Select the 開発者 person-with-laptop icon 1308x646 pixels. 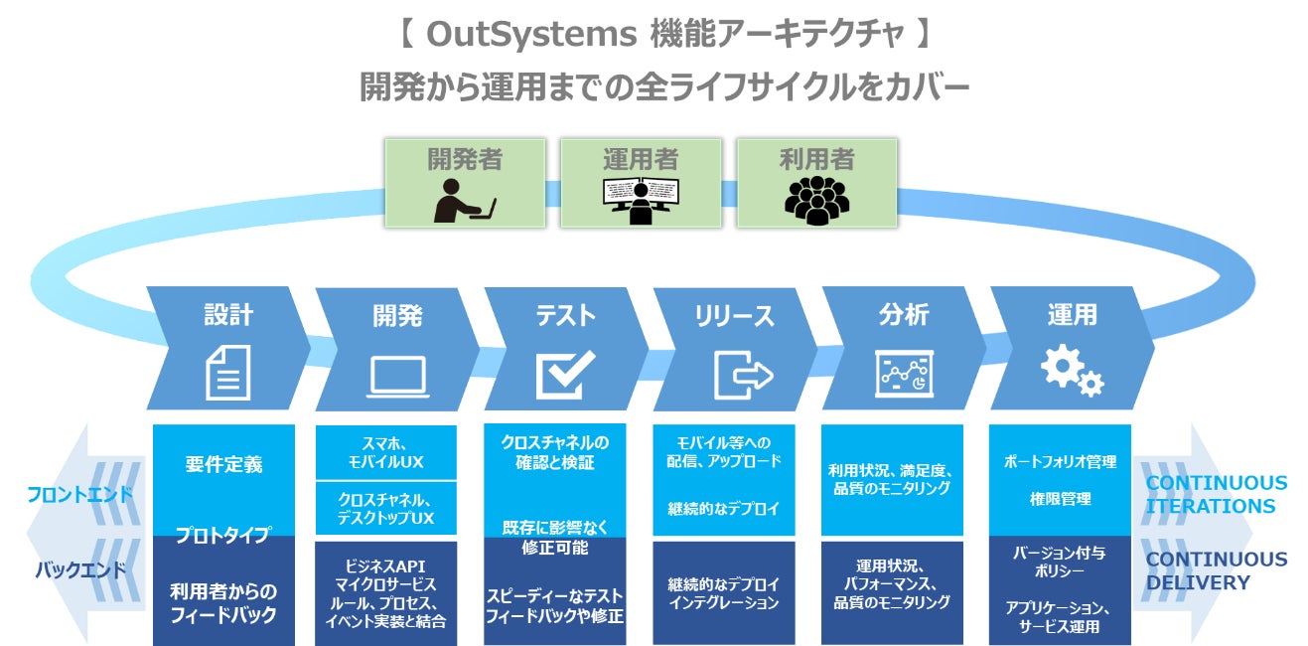pos(465,199)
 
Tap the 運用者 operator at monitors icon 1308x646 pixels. pos(641,199)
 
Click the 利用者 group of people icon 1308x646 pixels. pos(816,199)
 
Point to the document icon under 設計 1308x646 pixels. pos(227,372)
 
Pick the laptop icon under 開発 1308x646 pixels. pos(397,376)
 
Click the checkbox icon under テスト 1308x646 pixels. pos(565,374)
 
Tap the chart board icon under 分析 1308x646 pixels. pos(903,374)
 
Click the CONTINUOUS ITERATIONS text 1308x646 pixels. pos(1216,495)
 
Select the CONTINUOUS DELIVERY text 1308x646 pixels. pos(1216,571)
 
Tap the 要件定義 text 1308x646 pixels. pos(224,464)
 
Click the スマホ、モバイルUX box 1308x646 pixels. pos(385,453)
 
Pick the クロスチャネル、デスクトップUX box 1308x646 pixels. pos(385,509)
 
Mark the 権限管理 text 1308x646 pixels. pos(1059,499)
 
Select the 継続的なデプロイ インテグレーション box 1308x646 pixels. pos(723,593)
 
